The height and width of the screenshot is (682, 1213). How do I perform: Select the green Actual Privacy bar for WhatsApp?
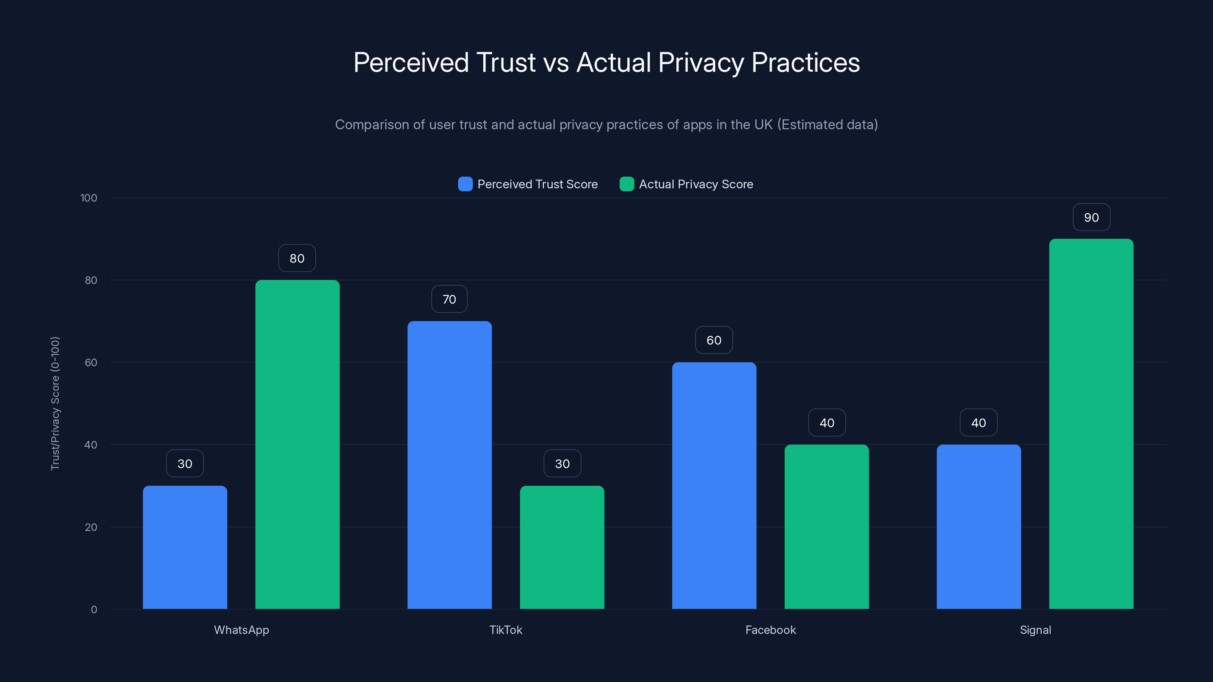[x=297, y=444]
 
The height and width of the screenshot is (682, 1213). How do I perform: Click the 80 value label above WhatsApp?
[x=297, y=258]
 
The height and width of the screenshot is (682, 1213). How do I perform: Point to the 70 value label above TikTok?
[x=449, y=299]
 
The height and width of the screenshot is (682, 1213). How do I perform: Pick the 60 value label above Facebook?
[x=714, y=340]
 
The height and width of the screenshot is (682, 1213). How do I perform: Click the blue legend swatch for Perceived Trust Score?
[x=465, y=184]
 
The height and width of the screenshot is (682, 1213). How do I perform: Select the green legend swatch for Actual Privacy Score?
[x=627, y=184]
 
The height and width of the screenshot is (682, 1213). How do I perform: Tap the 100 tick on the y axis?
[x=89, y=198]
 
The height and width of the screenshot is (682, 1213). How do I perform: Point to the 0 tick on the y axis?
[x=94, y=610]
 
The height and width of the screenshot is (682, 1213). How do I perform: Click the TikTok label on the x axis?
[x=506, y=630]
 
